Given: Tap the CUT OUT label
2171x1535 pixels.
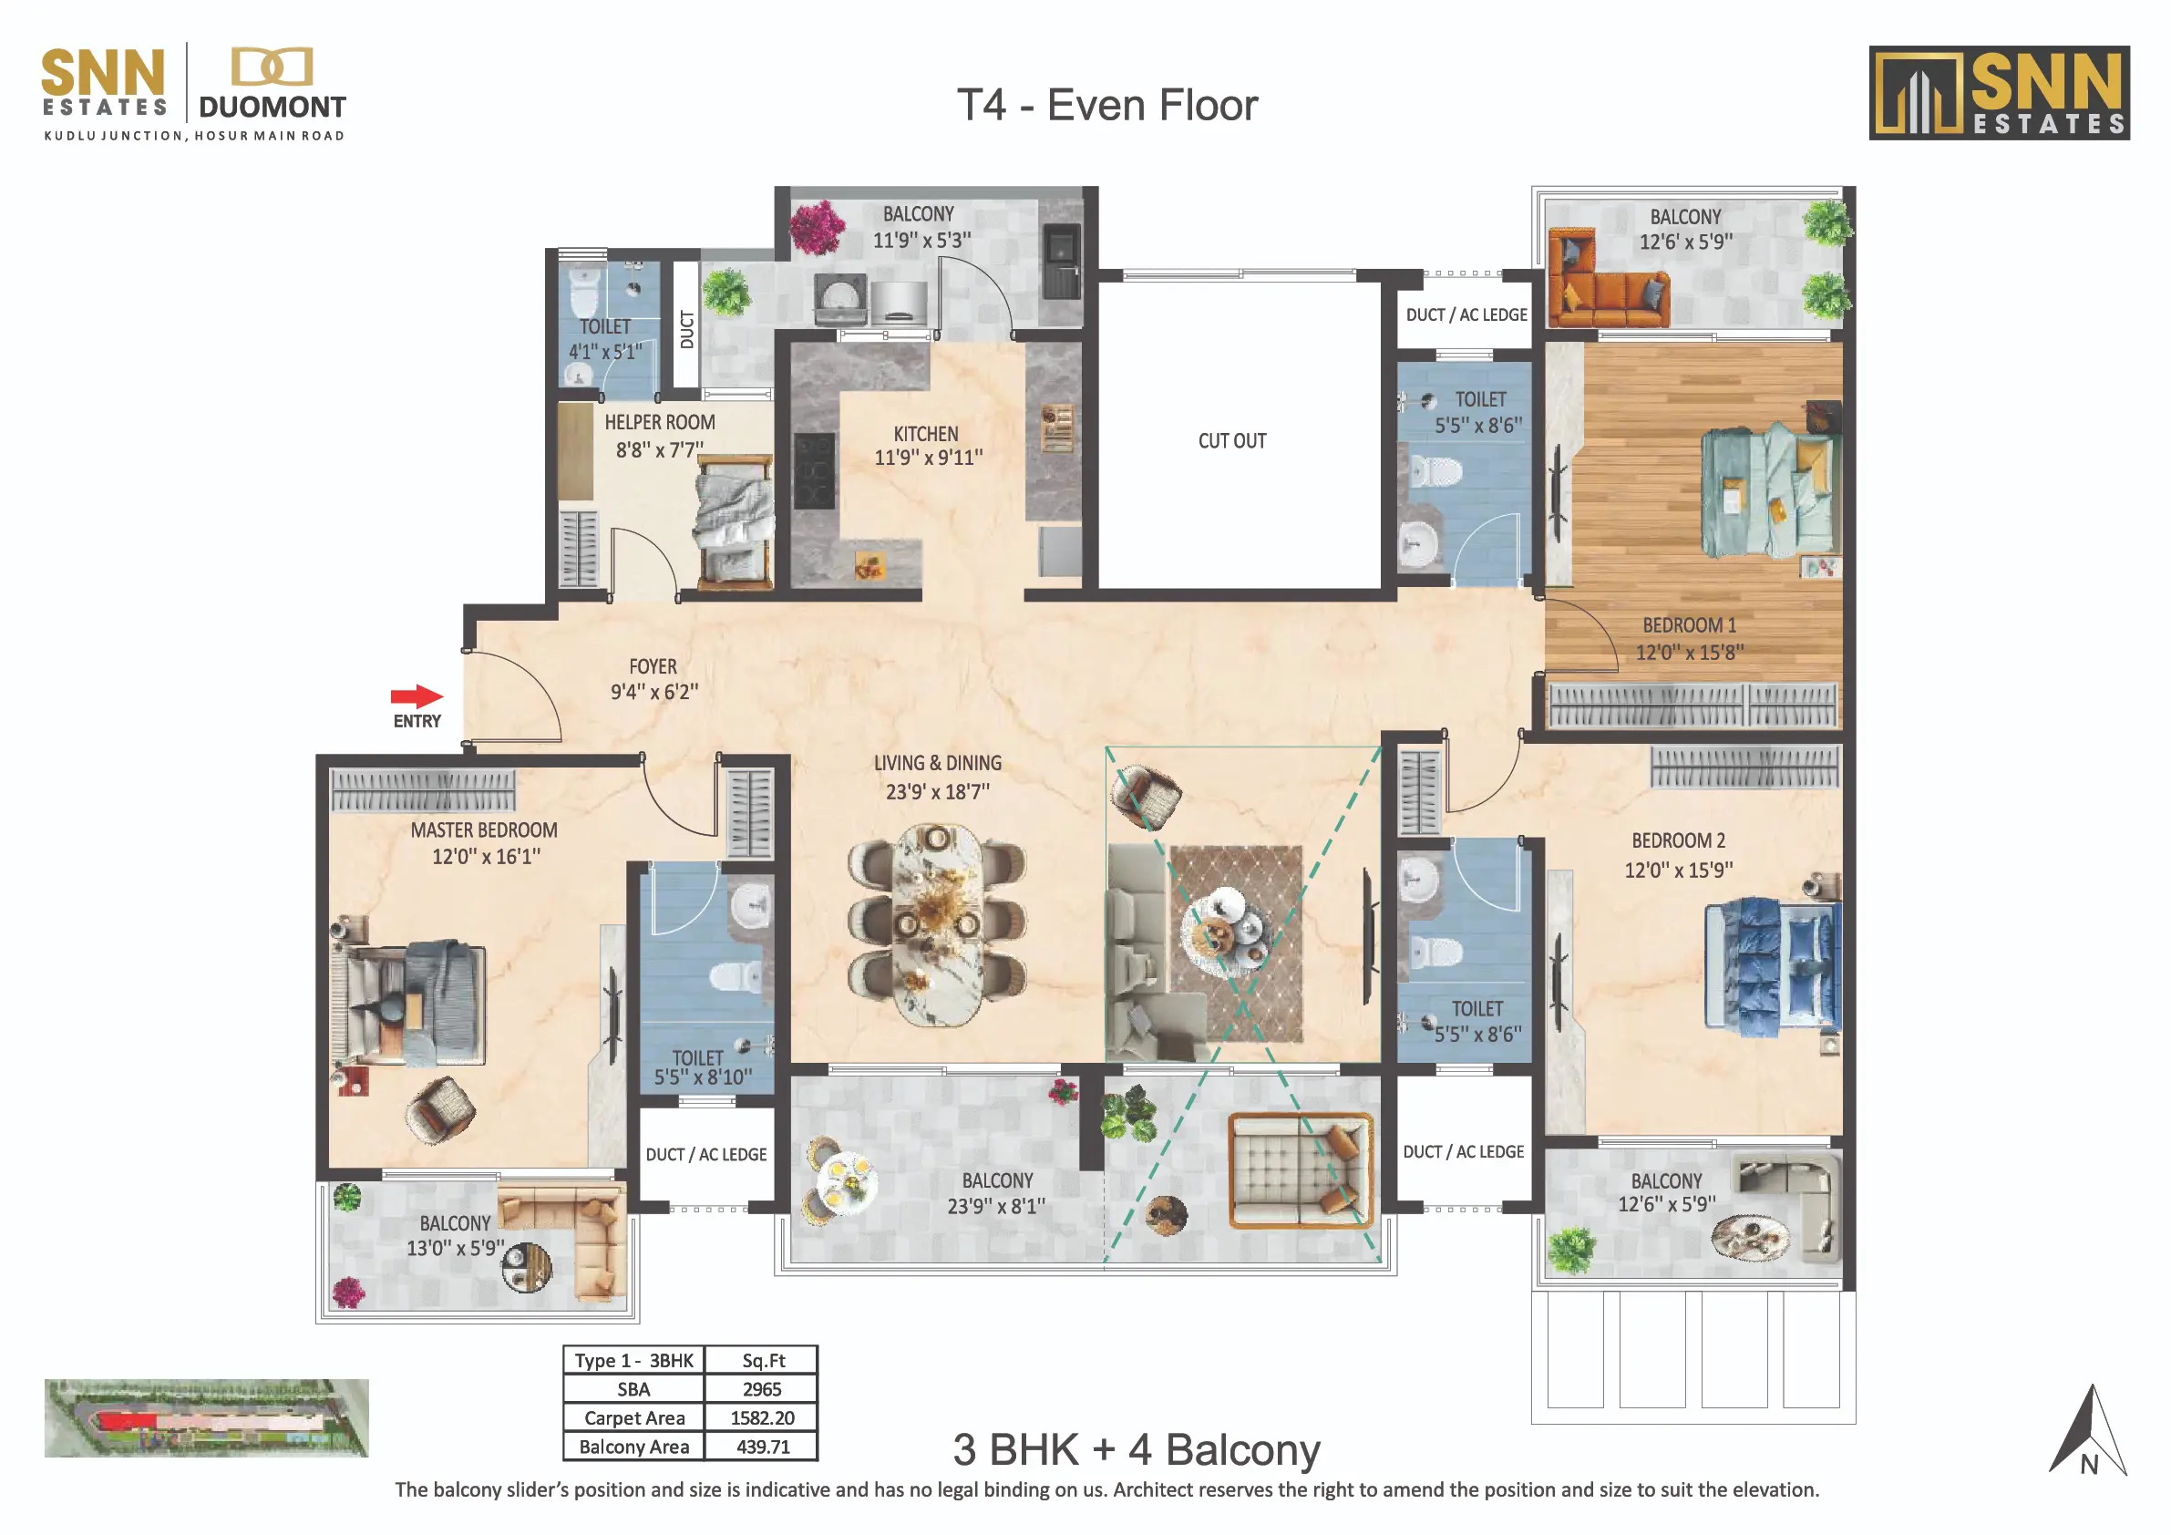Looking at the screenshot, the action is [x=1231, y=441].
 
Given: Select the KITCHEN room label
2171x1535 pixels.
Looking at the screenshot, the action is [x=926, y=434].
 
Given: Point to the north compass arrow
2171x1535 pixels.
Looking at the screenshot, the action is [x=2088, y=1431].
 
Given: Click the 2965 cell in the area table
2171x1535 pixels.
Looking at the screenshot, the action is [x=761, y=1389].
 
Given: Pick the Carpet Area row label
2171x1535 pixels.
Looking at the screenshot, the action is [x=633, y=1417].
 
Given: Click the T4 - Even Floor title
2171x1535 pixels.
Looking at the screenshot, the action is [x=1107, y=105].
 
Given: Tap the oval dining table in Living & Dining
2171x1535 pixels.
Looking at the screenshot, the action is [x=937, y=924].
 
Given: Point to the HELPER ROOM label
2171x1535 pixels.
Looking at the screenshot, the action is [x=659, y=423].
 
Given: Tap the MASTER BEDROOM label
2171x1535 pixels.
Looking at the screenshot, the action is [x=483, y=830].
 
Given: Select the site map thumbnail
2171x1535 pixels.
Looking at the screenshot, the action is [x=206, y=1417].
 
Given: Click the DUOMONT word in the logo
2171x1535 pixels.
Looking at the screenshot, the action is [x=273, y=108].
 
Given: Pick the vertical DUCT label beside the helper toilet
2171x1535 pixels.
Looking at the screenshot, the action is [x=686, y=329].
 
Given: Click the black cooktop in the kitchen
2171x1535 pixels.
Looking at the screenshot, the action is [x=814, y=471].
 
